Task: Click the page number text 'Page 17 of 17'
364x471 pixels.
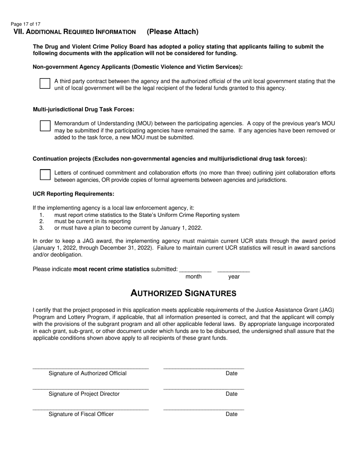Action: (26, 24)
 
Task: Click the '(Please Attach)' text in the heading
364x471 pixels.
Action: (172, 32)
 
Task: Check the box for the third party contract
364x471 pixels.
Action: (45, 83)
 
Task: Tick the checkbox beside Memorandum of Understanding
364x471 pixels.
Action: (45, 126)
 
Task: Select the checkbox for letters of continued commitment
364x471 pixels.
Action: (45, 175)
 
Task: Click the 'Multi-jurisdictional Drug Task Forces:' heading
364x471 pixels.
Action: (84, 110)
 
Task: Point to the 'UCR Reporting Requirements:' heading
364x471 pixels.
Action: (74, 194)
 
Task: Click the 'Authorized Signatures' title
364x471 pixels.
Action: (183, 293)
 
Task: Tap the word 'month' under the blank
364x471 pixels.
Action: (193, 277)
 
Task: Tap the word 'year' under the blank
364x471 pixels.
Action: (234, 277)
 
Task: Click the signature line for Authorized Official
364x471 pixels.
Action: (90, 368)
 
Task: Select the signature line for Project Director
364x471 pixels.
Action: (90, 389)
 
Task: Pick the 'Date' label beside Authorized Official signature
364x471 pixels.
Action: (231, 373)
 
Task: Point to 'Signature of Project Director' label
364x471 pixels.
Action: (84, 394)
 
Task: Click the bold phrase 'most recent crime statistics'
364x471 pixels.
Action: (111, 269)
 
